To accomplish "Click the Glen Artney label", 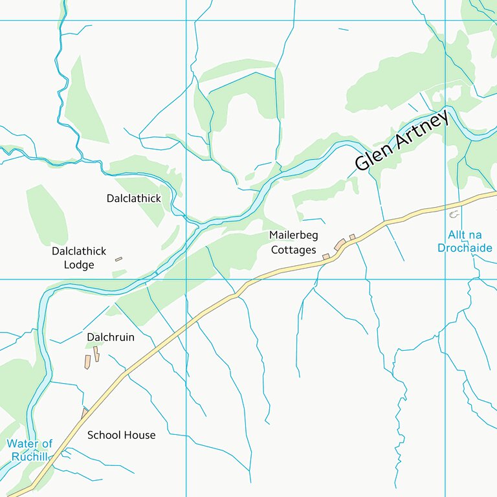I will pyautogui.click(x=401, y=142).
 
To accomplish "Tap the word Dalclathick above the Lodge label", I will pyautogui.click(x=78, y=251).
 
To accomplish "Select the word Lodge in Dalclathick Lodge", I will pyautogui.click(x=79, y=265).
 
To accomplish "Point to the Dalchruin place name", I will pyautogui.click(x=111, y=337).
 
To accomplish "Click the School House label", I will pyautogui.click(x=121, y=435).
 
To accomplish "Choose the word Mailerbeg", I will pyautogui.click(x=294, y=235).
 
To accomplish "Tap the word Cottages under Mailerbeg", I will pyautogui.click(x=294, y=250).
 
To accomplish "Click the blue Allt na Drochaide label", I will pyautogui.click(x=465, y=241).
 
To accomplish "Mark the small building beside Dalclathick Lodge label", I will pyautogui.click(x=118, y=260).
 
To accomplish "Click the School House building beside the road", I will pyautogui.click(x=85, y=412).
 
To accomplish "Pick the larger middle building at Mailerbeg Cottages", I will pyautogui.click(x=340, y=244).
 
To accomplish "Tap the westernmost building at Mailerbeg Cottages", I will pyautogui.click(x=326, y=257).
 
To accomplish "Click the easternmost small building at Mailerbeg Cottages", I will pyautogui.click(x=352, y=237).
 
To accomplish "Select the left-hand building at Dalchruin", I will pyautogui.click(x=87, y=362).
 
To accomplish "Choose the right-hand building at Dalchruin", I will pyautogui.click(x=96, y=354).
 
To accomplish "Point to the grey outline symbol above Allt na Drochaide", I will pyautogui.click(x=454, y=214).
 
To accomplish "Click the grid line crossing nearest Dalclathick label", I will pyautogui.click(x=186, y=280).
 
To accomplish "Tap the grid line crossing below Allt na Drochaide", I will pyautogui.click(x=445, y=280).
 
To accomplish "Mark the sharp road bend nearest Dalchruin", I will pyautogui.click(x=123, y=374).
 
